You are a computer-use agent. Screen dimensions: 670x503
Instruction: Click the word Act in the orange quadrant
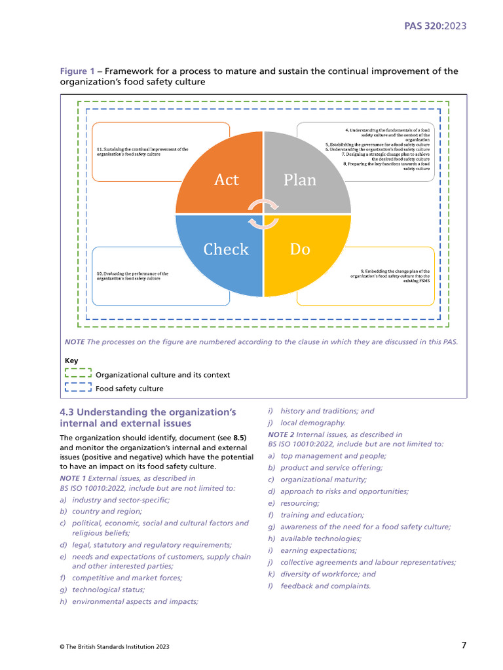pyautogui.click(x=226, y=180)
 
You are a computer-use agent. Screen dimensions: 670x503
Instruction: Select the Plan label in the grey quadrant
pyautogui.click(x=300, y=180)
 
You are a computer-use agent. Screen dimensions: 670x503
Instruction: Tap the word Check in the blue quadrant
pyautogui.click(x=226, y=249)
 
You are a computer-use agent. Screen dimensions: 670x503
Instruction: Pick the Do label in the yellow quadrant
pyautogui.click(x=300, y=249)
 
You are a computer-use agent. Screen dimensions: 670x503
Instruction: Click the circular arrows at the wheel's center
pyautogui.click(x=263, y=214)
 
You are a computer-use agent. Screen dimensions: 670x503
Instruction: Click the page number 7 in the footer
pyautogui.click(x=464, y=645)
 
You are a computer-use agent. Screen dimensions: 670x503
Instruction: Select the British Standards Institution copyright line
pyautogui.click(x=115, y=646)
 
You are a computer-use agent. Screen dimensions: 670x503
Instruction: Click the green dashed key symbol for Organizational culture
pyautogui.click(x=77, y=375)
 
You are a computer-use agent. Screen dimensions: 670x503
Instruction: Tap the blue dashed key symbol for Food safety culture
pyautogui.click(x=77, y=388)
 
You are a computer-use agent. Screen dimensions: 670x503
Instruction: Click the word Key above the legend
pyautogui.click(x=71, y=361)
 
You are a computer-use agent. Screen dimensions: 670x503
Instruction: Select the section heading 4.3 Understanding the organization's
pyautogui.click(x=147, y=412)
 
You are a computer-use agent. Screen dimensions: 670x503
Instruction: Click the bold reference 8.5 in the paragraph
pyautogui.click(x=240, y=438)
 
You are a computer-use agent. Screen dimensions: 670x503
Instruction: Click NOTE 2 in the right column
pyautogui.click(x=281, y=434)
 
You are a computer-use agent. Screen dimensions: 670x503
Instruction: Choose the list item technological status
pyautogui.click(x=108, y=590)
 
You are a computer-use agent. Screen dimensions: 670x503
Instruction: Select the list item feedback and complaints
pyautogui.click(x=325, y=586)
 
